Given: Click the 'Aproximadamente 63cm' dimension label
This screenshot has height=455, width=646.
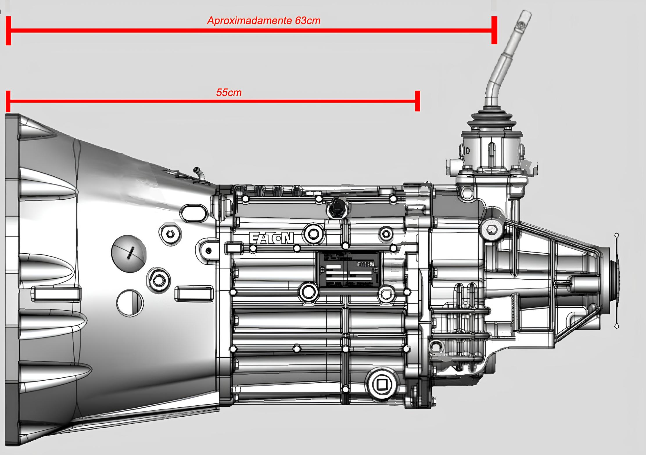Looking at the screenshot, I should (263, 21).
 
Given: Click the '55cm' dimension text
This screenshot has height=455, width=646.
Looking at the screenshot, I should (229, 92).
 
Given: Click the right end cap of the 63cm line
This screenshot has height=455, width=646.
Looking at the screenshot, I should (494, 30).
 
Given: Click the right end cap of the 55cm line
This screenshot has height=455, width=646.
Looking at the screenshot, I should (417, 101).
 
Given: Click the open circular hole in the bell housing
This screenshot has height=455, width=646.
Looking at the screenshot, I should (130, 302).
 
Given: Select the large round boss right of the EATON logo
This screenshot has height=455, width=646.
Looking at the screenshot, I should (313, 233).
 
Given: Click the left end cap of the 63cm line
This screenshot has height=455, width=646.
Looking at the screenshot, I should (8, 31).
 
